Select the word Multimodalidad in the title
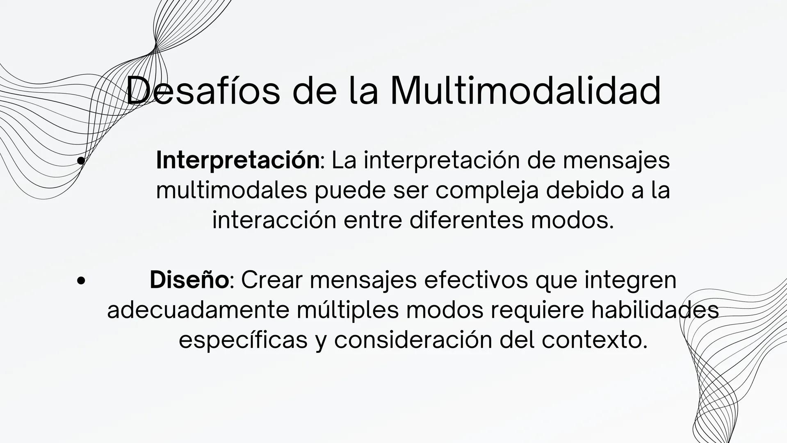525,91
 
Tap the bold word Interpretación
237,160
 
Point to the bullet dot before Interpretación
81,161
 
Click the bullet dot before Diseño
81,281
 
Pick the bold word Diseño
189,280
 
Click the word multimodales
231,190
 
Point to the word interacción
274,220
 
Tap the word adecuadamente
198,311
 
